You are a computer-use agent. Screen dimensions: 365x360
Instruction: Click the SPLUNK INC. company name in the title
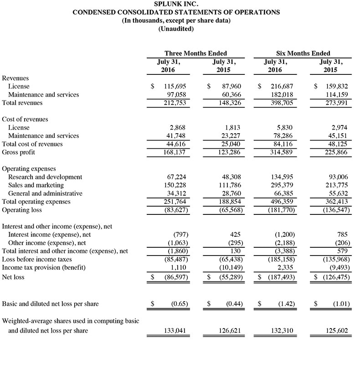click(x=176, y=4)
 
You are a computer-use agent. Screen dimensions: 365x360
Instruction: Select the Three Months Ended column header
click(x=195, y=53)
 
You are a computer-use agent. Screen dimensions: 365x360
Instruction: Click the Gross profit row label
click(x=19, y=152)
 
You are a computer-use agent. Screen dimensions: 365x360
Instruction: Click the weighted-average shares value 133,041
click(x=173, y=330)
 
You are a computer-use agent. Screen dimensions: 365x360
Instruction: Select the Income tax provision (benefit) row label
click(x=44, y=267)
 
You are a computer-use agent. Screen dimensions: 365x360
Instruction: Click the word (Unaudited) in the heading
click(x=176, y=29)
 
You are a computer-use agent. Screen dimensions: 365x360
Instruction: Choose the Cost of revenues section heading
click(x=25, y=119)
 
